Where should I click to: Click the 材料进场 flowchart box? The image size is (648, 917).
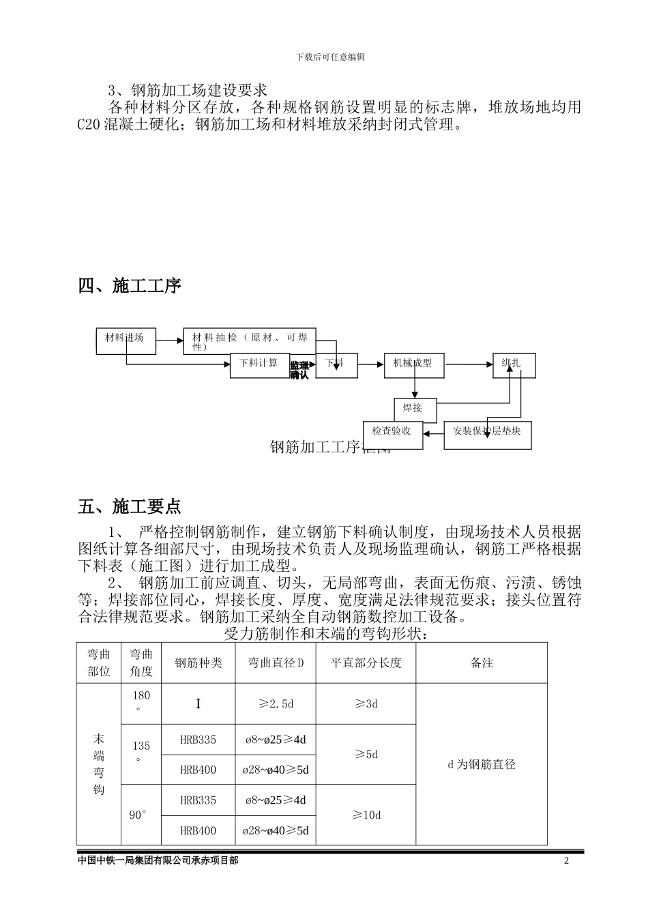pos(126,340)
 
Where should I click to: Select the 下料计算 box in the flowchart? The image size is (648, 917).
pos(259,365)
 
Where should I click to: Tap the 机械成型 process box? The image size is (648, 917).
pos(414,365)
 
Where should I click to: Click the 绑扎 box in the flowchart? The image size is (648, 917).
pos(514,365)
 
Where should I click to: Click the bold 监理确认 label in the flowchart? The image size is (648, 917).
pos(299,370)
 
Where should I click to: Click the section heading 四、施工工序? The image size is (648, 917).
pos(130,286)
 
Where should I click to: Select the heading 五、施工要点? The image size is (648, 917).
pos(130,507)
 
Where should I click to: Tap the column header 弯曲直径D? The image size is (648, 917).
pos(276,663)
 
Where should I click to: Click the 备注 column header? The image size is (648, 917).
pos(482,663)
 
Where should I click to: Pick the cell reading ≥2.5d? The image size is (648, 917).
pos(276,703)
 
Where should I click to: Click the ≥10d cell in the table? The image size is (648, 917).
pos(366,815)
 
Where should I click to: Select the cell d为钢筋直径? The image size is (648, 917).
pos(482,764)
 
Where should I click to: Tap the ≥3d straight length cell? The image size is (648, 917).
pos(366,703)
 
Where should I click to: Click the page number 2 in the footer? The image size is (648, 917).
pos(566,861)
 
